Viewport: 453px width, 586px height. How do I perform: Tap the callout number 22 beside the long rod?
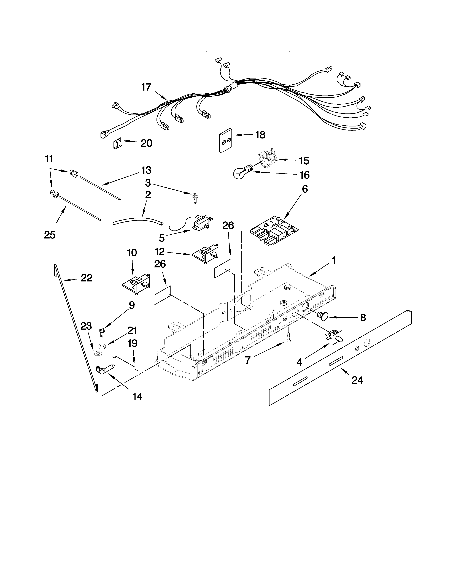click(x=86, y=278)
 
